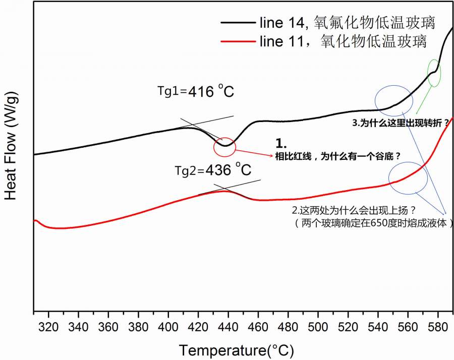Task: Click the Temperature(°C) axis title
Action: [236, 349]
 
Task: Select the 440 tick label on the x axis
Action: [228, 327]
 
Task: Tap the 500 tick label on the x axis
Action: [318, 327]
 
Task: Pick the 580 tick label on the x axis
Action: [437, 327]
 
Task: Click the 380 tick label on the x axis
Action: [139, 327]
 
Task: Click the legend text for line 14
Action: [348, 23]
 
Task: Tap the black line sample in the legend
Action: [237, 23]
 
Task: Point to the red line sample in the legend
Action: [237, 41]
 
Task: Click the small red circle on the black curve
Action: [224, 146]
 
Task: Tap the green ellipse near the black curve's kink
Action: [434, 73]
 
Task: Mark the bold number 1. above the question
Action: [280, 143]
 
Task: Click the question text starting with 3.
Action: [400, 123]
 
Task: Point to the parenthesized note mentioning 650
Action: [371, 222]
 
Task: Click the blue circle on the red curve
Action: [408, 178]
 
